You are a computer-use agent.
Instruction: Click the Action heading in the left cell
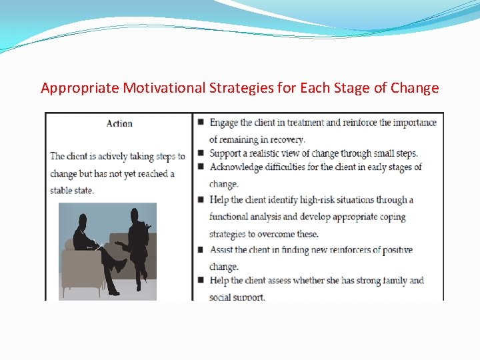119,123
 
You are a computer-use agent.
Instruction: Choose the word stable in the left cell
63,191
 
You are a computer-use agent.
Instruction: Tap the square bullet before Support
201,153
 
